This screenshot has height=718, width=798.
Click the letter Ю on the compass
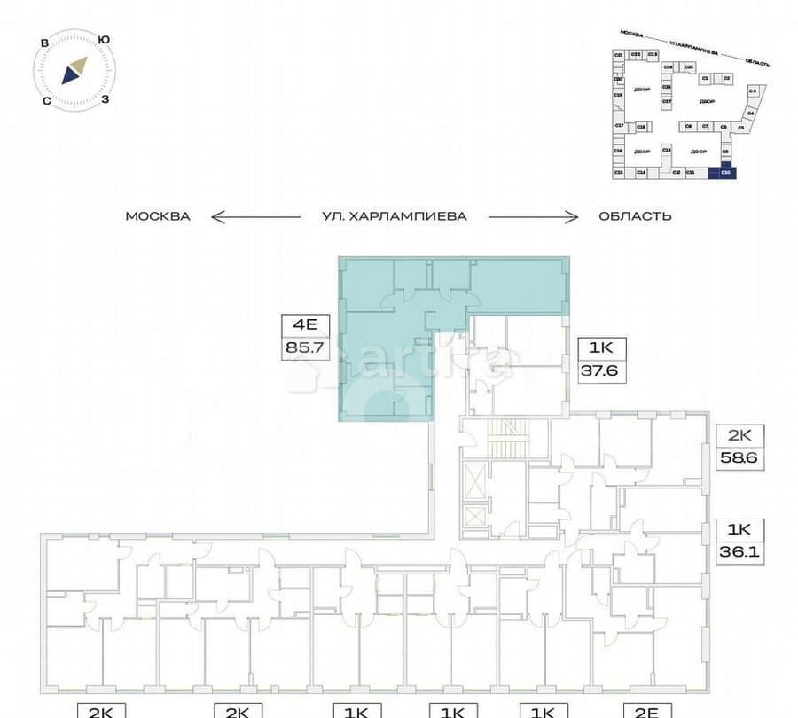tap(104, 40)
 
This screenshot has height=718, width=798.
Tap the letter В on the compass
tap(43, 41)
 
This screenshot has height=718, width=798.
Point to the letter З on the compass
tap(105, 99)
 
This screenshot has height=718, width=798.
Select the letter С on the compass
tap(45, 100)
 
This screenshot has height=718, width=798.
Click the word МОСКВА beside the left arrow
tap(158, 216)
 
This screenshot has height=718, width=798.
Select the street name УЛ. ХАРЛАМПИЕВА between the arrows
tap(395, 216)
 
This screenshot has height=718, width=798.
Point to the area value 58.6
tap(740, 459)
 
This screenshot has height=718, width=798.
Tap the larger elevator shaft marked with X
tap(474, 484)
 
